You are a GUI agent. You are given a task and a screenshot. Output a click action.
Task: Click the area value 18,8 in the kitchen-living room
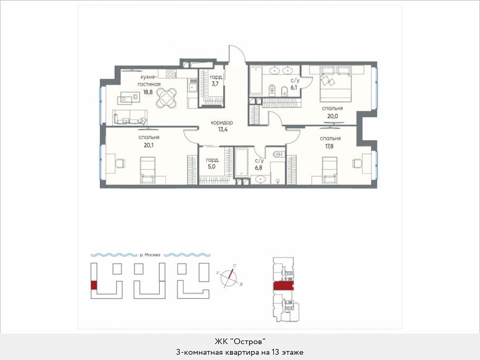click(x=148, y=92)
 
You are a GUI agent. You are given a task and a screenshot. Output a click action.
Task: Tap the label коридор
click(x=221, y=123)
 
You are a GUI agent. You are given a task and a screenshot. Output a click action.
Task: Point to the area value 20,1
click(x=149, y=145)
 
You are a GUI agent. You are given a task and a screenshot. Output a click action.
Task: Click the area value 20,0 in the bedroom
click(x=332, y=116)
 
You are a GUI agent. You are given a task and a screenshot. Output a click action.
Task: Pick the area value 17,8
click(x=329, y=146)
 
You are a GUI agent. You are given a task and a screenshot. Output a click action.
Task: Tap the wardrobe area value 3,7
click(x=215, y=84)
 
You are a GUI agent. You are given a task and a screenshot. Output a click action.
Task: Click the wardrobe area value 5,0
click(x=212, y=167)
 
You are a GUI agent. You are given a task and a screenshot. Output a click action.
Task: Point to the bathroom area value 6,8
click(x=259, y=168)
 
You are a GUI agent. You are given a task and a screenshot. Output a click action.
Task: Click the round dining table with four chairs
click(x=167, y=98)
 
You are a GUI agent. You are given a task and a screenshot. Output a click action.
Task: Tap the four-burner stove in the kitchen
click(x=171, y=74)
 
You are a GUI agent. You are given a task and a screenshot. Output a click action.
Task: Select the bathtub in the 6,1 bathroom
click(x=256, y=80)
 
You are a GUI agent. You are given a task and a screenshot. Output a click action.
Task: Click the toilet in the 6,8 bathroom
click(x=278, y=154)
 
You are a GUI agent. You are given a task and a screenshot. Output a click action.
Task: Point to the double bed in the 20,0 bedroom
click(x=335, y=84)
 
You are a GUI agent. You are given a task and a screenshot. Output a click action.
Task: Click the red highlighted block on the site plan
click(x=94, y=285)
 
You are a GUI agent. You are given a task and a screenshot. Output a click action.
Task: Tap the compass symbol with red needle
click(x=229, y=277)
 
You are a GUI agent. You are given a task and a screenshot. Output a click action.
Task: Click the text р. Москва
click(x=150, y=255)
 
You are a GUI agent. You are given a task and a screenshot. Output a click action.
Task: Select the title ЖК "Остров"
click(x=239, y=341)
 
